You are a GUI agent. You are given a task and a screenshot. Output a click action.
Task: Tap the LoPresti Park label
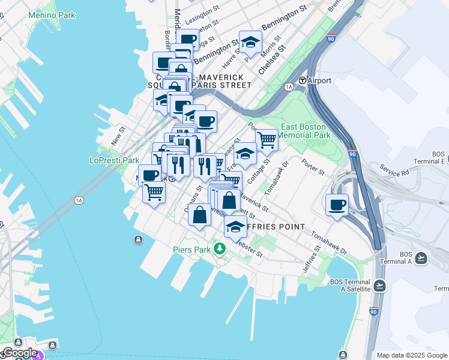114,160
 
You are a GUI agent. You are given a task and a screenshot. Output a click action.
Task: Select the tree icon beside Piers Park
220,248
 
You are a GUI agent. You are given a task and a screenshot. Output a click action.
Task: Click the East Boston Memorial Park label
304,131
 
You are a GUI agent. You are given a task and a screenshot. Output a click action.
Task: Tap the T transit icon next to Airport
303,80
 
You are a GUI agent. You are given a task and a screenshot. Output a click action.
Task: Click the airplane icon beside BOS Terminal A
421,258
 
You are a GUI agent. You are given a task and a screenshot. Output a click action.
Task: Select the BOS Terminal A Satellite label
351,286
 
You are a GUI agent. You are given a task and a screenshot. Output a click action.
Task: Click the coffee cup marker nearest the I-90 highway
337,205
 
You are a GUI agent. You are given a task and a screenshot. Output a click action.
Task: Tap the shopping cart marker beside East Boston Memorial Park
267,140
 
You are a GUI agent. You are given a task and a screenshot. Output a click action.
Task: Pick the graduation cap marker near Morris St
250,42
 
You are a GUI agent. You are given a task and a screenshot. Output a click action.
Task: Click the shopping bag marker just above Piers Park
200,214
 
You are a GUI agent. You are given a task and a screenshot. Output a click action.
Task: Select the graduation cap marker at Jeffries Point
235,227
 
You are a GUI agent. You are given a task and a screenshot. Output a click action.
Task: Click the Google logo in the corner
19,353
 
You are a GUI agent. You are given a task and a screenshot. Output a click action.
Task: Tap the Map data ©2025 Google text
411,355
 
